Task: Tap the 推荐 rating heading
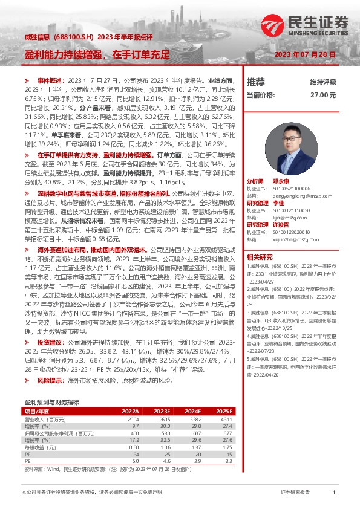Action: pyautogui.click(x=256, y=82)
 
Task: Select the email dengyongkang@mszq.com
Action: pyautogui.click(x=295, y=179)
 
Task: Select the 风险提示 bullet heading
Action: pyautogui.click(x=49, y=381)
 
